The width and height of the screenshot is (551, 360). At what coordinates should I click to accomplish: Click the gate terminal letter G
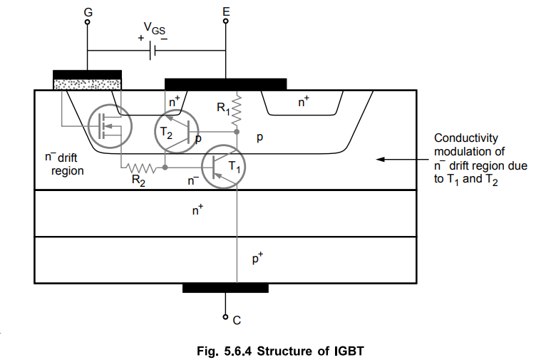tap(88, 12)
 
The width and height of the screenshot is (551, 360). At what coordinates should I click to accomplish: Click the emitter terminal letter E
tap(226, 11)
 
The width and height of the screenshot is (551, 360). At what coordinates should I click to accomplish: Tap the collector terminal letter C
tap(237, 320)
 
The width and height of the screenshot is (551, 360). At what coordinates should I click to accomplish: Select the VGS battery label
tap(154, 28)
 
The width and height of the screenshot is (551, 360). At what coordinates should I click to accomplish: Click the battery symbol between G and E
tap(153, 51)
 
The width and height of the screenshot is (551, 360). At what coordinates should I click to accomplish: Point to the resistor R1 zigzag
tap(237, 109)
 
